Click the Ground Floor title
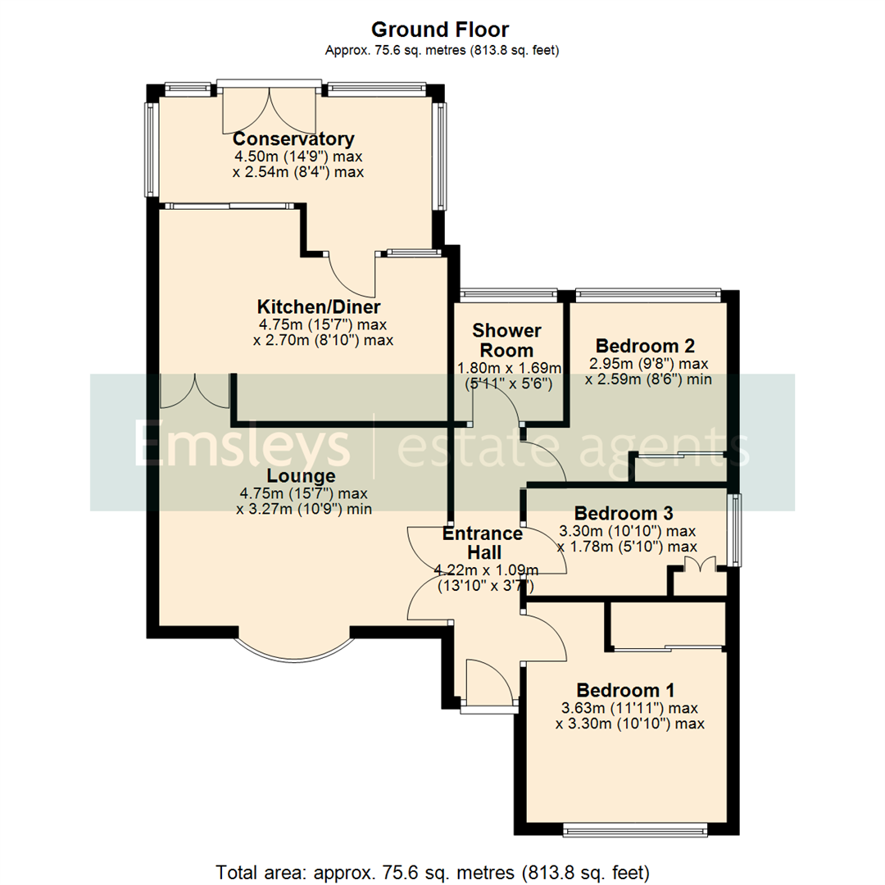click(440, 30)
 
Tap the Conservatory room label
click(293, 138)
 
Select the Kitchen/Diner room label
click(319, 307)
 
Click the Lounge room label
click(300, 476)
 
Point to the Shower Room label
click(507, 339)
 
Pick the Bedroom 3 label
click(624, 514)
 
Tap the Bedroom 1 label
click(625, 689)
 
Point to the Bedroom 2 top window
click(648, 294)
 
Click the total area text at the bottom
click(433, 869)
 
